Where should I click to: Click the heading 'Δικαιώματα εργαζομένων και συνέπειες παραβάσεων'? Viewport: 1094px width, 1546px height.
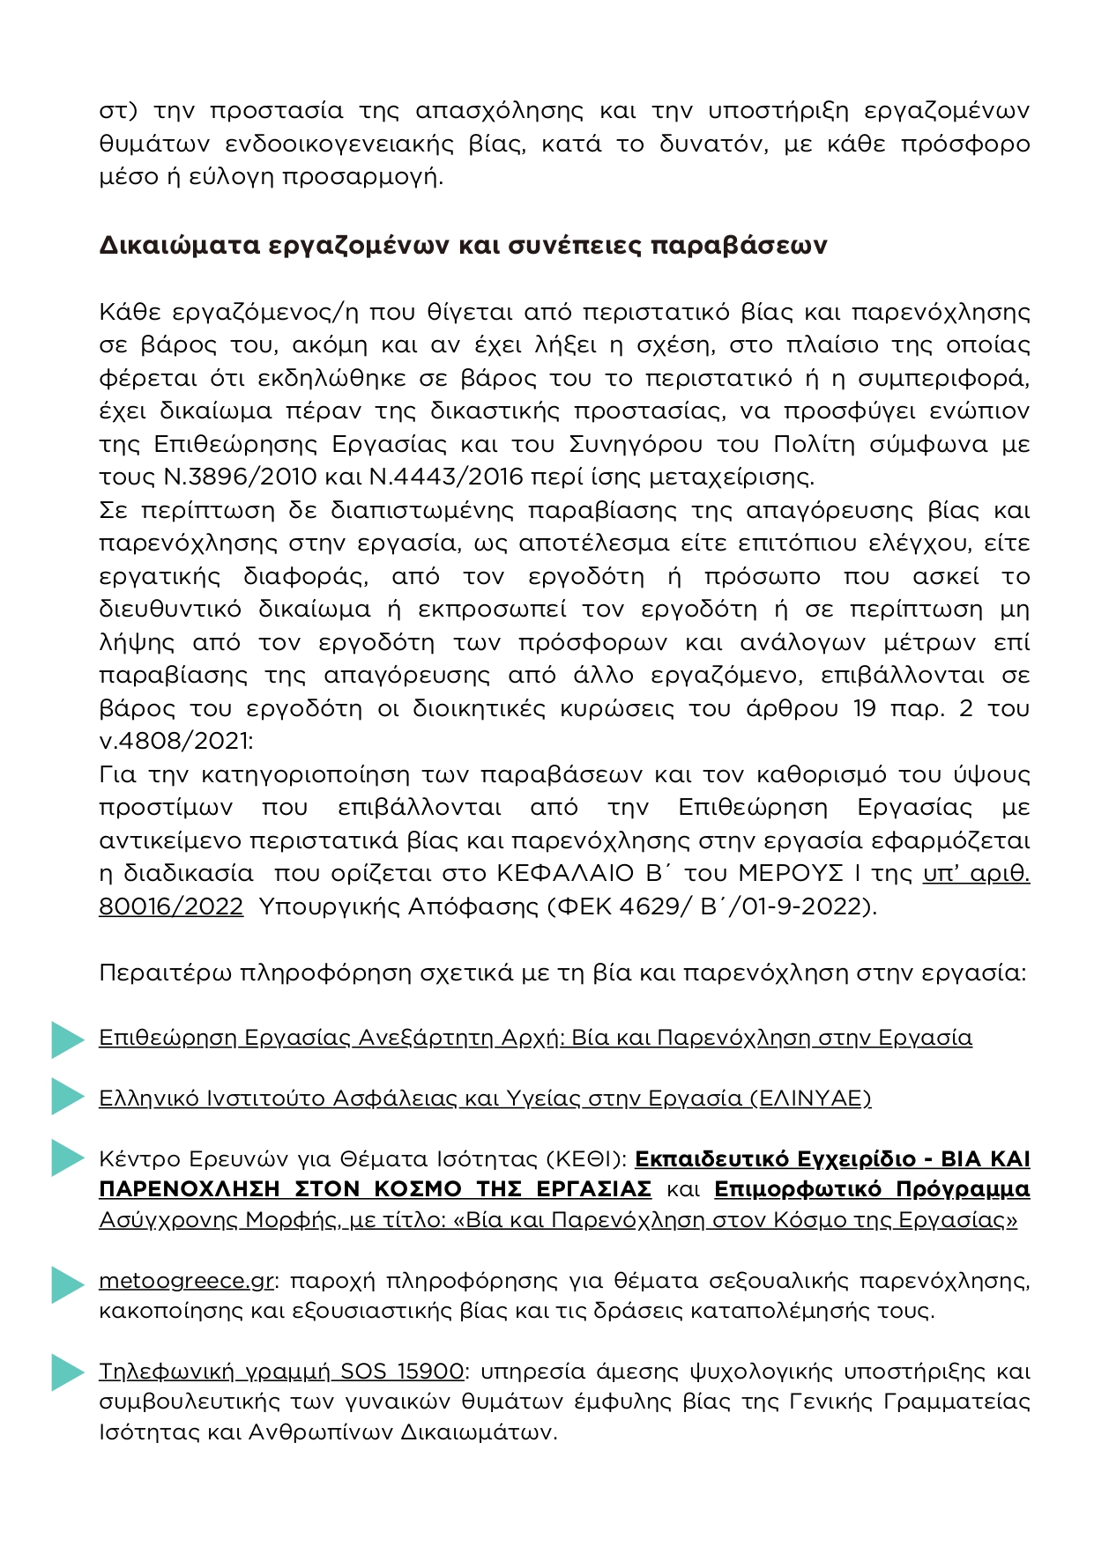(x=463, y=245)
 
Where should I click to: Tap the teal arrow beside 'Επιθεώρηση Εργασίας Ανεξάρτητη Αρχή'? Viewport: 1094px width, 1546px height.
(x=66, y=1039)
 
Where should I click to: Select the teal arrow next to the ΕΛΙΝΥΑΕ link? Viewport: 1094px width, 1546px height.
(x=66, y=1097)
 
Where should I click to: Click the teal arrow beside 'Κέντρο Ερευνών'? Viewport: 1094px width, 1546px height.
(x=66, y=1158)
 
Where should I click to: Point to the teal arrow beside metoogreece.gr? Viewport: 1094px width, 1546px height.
(x=66, y=1284)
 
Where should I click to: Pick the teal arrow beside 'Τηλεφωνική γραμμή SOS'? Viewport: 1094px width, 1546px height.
(x=66, y=1372)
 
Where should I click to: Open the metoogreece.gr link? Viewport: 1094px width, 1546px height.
(x=186, y=1281)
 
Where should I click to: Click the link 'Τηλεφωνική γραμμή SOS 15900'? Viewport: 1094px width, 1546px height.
(x=281, y=1372)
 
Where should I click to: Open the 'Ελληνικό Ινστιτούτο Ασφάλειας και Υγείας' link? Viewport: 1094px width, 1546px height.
(x=485, y=1098)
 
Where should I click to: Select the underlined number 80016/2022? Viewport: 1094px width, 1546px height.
(x=171, y=906)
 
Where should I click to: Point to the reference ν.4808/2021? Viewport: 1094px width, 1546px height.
(x=175, y=741)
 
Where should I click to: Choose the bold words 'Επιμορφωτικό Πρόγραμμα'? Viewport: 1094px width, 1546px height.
(x=872, y=1189)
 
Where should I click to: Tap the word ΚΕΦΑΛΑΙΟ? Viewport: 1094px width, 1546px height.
(x=565, y=874)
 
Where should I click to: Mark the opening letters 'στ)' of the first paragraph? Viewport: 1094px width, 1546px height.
(x=118, y=111)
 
